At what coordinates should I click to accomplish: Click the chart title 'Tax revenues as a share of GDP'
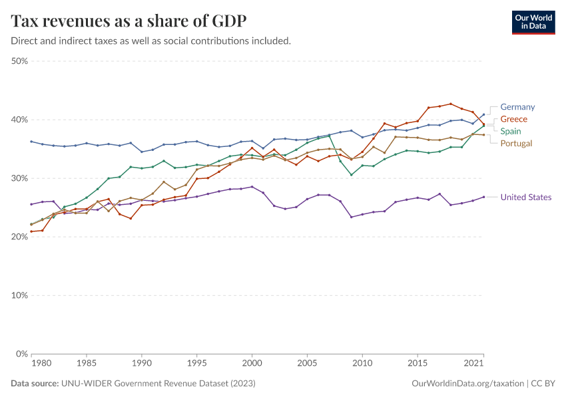(x=129, y=21)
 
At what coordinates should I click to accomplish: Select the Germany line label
(x=517, y=107)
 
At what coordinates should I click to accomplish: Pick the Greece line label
(x=513, y=119)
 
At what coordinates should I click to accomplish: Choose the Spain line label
(x=511, y=131)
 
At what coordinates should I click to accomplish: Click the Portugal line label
(x=516, y=143)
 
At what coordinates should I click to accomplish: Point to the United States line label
(x=525, y=197)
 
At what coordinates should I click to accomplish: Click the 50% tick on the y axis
(x=19, y=61)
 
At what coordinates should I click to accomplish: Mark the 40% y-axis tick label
(x=19, y=120)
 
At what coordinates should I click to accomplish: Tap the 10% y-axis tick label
(x=19, y=295)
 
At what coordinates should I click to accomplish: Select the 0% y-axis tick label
(x=22, y=354)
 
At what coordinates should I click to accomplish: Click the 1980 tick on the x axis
(x=41, y=364)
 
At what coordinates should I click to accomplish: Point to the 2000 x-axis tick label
(x=252, y=364)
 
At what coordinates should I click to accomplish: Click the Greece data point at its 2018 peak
(x=451, y=104)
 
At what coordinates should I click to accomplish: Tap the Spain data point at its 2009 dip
(x=352, y=175)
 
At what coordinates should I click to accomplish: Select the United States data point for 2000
(x=252, y=187)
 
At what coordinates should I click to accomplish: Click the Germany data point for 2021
(x=483, y=114)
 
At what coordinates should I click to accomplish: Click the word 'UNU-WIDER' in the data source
(x=84, y=384)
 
